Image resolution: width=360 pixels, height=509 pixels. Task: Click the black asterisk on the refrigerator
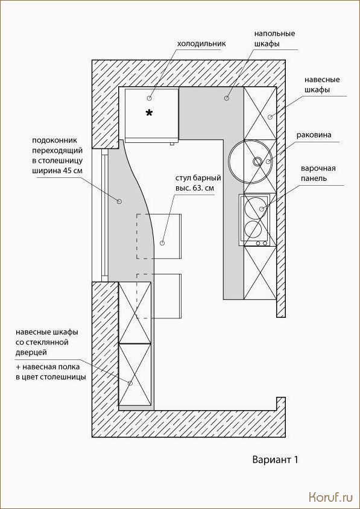(149, 113)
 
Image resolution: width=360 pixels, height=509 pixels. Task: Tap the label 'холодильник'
(200, 43)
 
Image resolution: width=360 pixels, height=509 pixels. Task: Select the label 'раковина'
(314, 135)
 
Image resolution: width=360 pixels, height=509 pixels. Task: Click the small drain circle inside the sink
(257, 160)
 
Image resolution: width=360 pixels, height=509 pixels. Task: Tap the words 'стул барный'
(194, 179)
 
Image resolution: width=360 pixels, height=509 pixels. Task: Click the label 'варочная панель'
(318, 174)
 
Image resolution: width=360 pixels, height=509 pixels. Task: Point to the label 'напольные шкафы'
(274, 39)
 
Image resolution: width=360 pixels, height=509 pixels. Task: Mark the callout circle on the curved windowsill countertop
(119, 201)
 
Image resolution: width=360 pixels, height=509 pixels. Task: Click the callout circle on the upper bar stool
(162, 242)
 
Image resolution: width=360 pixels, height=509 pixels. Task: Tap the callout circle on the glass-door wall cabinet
(130, 384)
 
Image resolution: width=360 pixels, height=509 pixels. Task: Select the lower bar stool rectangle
(159, 296)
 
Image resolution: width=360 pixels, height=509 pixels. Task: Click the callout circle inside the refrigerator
(150, 98)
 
